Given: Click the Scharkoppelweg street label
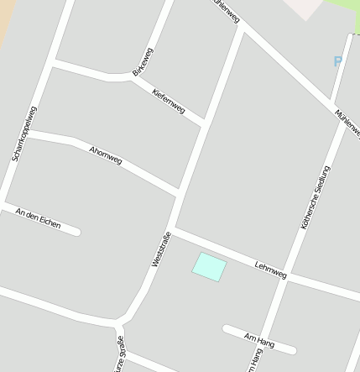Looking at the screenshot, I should [23, 134].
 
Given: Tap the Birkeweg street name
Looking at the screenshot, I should [143, 60].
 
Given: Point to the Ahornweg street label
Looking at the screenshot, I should [105, 155].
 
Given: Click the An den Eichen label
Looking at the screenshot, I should [38, 218].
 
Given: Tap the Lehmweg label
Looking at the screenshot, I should [270, 270].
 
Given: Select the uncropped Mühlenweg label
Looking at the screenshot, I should [347, 123].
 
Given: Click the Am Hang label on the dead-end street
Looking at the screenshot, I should [259, 338].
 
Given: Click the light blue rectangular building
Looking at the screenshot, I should [209, 267].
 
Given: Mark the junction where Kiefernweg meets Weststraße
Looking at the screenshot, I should [204, 123].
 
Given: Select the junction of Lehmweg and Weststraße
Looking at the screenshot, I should [174, 229].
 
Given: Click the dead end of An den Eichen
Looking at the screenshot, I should [77, 231].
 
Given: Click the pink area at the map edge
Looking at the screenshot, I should [304, 8].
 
